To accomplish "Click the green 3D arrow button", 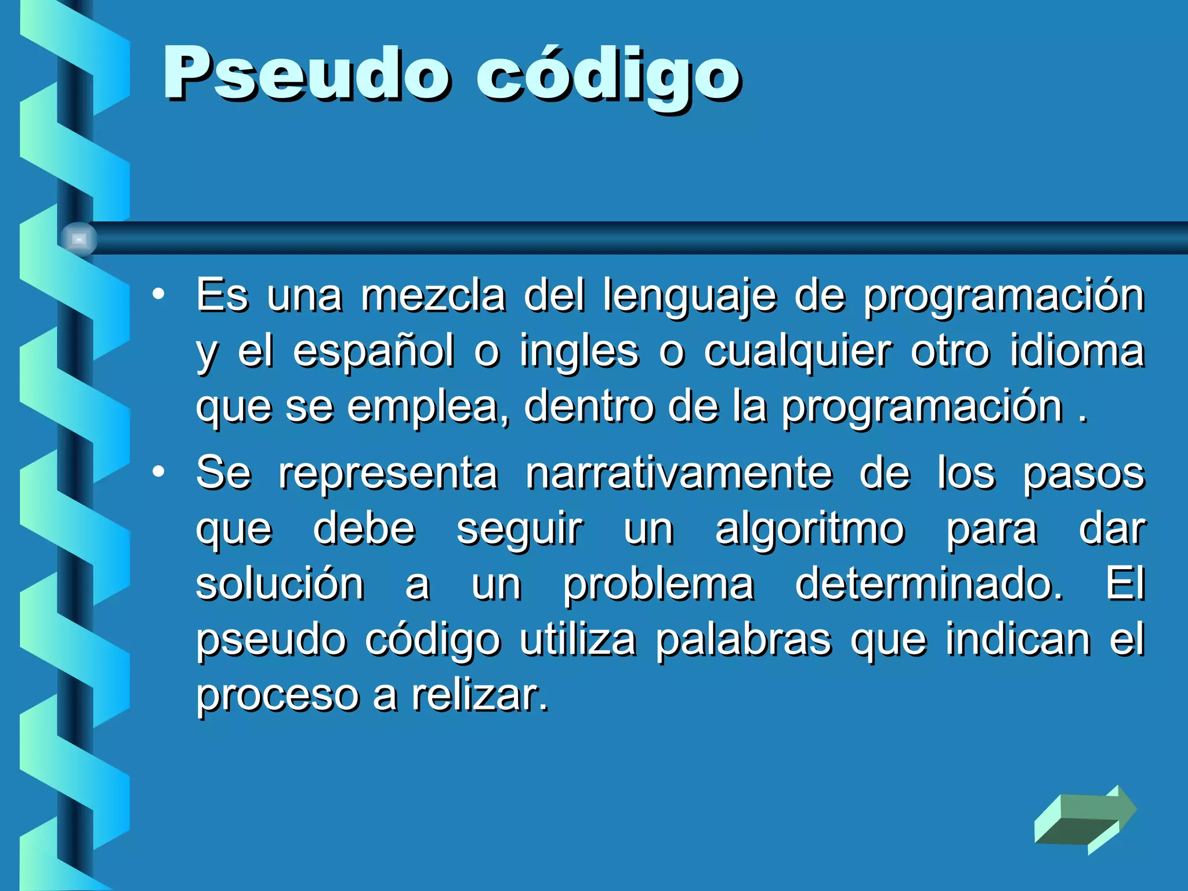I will click(1085, 819).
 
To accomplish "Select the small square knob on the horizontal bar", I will click(79, 239).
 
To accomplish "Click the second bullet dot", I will click(158, 472).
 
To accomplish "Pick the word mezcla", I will click(433, 296).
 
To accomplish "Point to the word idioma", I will click(1077, 352).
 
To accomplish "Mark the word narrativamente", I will click(679, 473).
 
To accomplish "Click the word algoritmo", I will click(810, 530).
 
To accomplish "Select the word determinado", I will click(929, 585).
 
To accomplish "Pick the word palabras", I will click(744, 639).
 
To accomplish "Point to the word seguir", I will click(520, 530).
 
